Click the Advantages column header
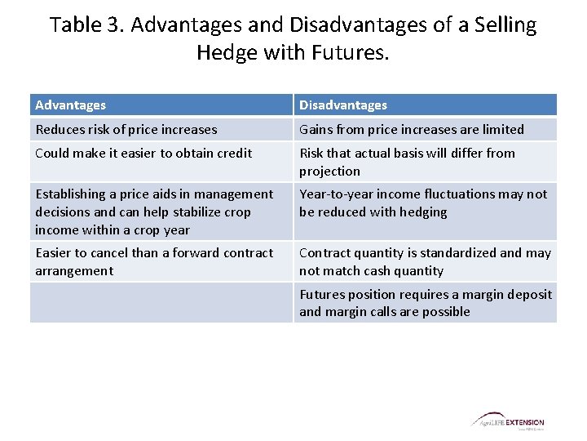[71, 105]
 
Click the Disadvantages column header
[343, 105]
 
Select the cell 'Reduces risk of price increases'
[126, 129]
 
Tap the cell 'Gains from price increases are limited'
[412, 129]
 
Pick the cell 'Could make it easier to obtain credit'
[143, 153]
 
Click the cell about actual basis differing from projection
[408, 162]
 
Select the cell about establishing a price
[155, 212]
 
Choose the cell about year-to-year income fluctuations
[423, 203]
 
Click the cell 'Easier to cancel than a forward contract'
[155, 261]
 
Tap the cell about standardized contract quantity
[425, 261]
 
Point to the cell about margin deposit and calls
[425, 302]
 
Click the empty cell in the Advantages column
[161, 302]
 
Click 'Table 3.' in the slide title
[86, 25]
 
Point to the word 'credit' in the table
[234, 153]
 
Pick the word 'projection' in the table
[329, 171]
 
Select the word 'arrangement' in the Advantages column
[74, 271]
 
